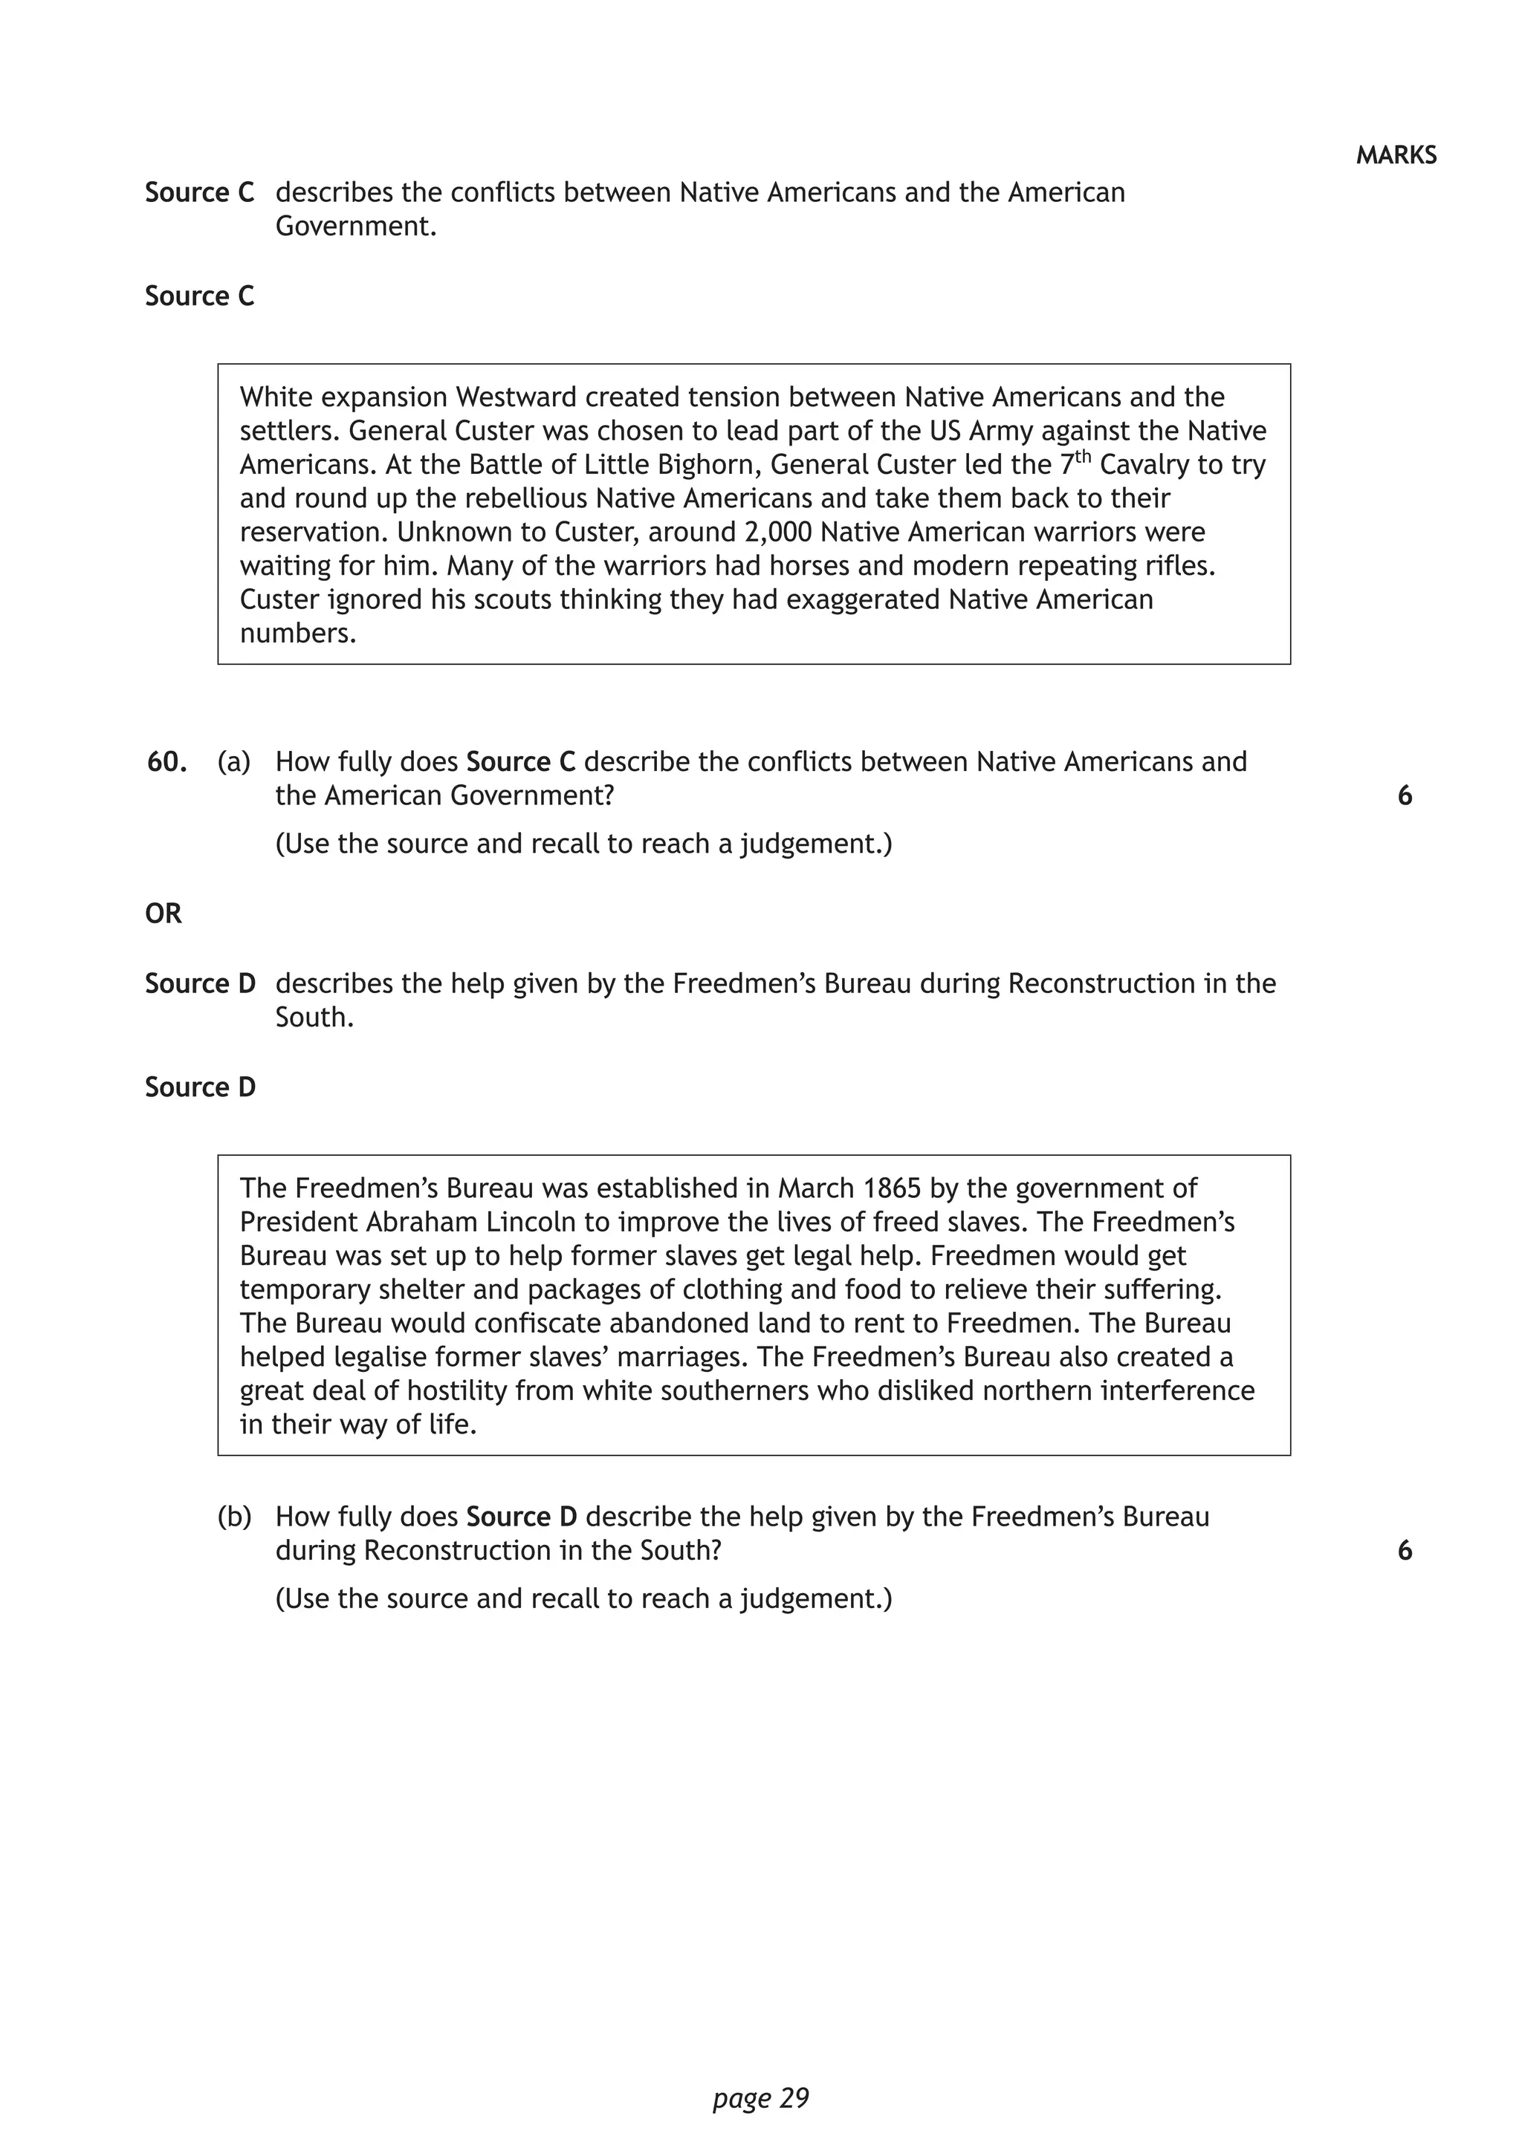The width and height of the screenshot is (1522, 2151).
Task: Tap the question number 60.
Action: pos(166,761)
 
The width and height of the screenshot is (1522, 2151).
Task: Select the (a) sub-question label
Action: pos(234,761)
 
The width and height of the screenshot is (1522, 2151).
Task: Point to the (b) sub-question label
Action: pos(234,1517)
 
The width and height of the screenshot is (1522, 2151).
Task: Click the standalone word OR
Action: pos(163,914)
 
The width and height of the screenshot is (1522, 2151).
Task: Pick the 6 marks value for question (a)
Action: pos(1404,795)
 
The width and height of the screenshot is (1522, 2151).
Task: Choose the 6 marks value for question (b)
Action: pos(1404,1550)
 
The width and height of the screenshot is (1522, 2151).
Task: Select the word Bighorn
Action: pos(711,465)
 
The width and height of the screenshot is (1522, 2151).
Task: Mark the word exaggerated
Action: pos(862,599)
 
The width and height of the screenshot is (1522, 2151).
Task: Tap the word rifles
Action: pos(1174,566)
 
